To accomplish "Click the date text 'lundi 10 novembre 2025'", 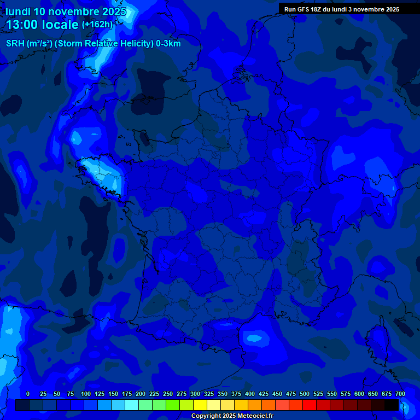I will tap(66, 11).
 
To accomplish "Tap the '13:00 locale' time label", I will tap(42, 25).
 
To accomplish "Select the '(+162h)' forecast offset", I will tap(97, 25).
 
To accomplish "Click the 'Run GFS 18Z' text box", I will tap(341, 9).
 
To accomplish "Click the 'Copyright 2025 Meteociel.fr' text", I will tap(232, 416).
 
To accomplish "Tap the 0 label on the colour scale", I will tap(28, 394).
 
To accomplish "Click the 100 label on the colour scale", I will tap(86, 394).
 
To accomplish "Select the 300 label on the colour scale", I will tap(195, 394).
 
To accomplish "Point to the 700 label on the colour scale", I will tap(400, 394).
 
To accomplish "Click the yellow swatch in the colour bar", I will tap(200, 405).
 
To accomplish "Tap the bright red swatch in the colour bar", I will tap(310, 405).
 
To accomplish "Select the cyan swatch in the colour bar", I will tap(132, 405).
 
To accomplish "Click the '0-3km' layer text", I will tap(168, 44).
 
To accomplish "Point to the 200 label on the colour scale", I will tap(141, 394).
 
